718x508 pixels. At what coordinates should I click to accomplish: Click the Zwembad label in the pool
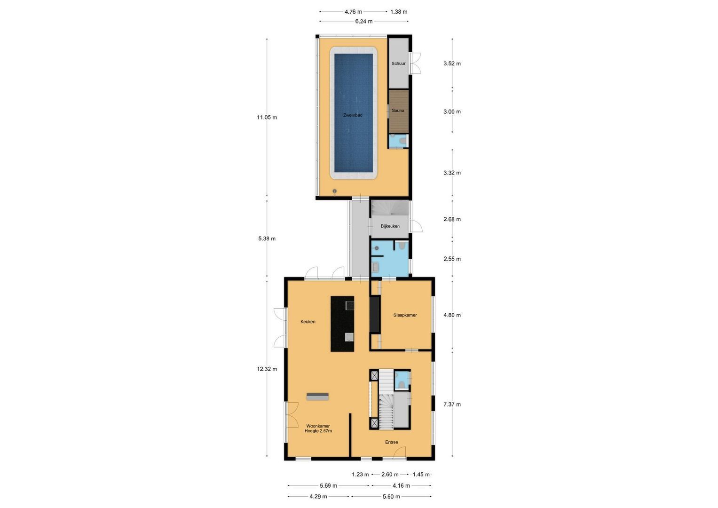(353, 115)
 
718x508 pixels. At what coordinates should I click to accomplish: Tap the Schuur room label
(398, 63)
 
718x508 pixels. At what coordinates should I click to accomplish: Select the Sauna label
(398, 111)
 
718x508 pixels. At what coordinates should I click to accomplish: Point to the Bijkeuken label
(390, 226)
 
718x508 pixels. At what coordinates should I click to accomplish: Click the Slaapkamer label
(405, 315)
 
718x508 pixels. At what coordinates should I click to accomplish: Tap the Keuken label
(308, 322)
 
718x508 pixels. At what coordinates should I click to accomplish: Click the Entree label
(391, 442)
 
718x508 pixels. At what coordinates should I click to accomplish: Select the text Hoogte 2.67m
(318, 431)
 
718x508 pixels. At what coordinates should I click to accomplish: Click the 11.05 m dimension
(267, 118)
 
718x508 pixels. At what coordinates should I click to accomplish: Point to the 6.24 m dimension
(364, 21)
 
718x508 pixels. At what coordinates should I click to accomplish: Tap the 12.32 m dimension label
(267, 369)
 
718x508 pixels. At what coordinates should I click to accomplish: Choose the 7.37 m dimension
(452, 405)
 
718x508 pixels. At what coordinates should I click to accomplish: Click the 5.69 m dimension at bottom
(328, 486)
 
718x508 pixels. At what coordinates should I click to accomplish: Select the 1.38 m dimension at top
(399, 12)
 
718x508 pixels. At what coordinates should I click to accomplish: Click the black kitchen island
(342, 324)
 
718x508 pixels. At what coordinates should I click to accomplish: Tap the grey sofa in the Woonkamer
(318, 397)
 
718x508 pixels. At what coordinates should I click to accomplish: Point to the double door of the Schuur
(415, 63)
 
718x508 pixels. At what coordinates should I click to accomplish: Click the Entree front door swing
(400, 452)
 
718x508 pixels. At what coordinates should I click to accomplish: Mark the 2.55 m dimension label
(452, 259)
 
